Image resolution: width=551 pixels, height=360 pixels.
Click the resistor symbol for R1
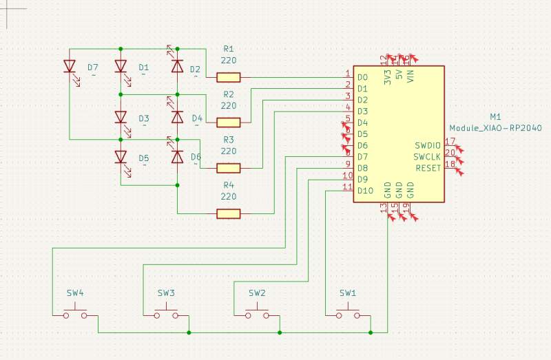tap(229, 78)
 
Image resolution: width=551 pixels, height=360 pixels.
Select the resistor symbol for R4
tap(229, 214)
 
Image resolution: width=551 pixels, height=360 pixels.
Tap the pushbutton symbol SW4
tap(75, 315)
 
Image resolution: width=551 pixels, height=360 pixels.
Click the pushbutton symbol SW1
tap(348, 315)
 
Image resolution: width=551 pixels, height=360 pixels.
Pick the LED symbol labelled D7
tap(70, 67)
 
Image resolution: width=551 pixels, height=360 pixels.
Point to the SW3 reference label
tap(166, 293)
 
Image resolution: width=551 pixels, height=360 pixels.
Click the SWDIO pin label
tap(427, 146)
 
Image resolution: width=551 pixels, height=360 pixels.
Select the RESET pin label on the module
tap(427, 168)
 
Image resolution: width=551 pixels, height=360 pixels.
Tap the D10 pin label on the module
tap(365, 191)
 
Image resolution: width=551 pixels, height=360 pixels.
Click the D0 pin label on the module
tap(362, 78)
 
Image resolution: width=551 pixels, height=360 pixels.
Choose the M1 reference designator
tap(495, 118)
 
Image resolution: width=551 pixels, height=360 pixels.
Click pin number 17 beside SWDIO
tap(450, 141)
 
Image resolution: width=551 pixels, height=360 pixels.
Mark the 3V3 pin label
tap(388, 76)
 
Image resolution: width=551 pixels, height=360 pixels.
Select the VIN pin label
tap(410, 76)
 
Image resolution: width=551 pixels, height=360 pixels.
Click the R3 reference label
tap(229, 140)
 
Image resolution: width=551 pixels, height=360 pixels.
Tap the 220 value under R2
tap(229, 106)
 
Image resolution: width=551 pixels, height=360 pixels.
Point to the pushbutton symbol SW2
tap(257, 315)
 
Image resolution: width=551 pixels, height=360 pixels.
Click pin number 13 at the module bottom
tap(384, 207)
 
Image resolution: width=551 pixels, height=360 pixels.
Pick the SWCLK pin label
tap(427, 157)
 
